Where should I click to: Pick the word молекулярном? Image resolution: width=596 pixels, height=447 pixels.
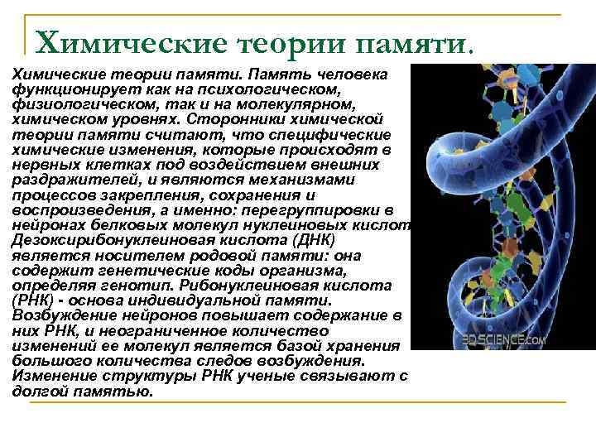point(300,104)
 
